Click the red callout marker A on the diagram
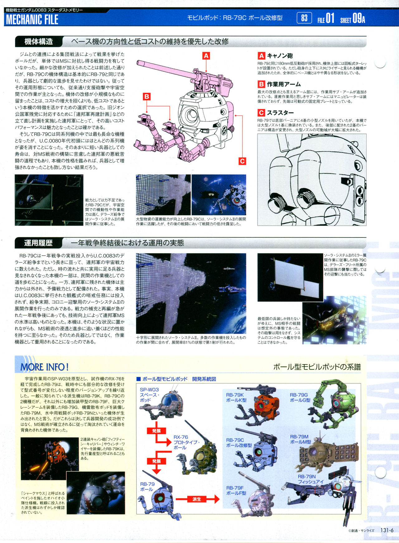click(206, 56)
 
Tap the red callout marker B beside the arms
click(147, 97)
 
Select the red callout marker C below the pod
click(242, 161)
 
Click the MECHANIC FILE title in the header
click(32, 19)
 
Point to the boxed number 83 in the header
click(304, 18)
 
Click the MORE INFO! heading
click(44, 367)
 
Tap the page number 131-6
click(387, 530)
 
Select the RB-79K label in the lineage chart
click(235, 395)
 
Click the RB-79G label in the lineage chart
click(299, 395)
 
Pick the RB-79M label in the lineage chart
click(299, 437)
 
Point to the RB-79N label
click(307, 477)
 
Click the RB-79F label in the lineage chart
click(235, 488)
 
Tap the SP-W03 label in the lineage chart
click(149, 390)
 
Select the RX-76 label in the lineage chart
click(181, 437)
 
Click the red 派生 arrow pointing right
click(198, 499)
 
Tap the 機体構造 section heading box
click(39, 41)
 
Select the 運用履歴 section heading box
click(39, 243)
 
